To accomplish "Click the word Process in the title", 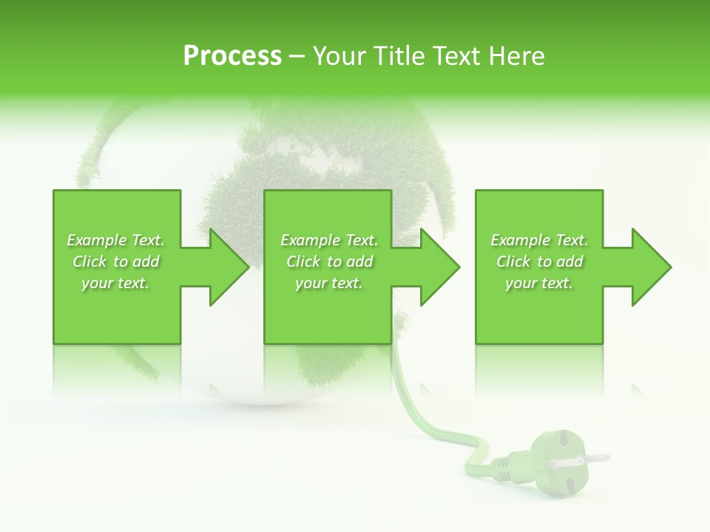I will pos(232,56).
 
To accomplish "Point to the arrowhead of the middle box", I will pos(439,267).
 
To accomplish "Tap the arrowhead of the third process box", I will pos(650,267).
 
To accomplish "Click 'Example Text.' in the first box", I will pos(116,240).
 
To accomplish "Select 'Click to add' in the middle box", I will pos(329,262).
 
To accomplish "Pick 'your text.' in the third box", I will pos(539,283).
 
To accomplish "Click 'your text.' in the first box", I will pos(116,283).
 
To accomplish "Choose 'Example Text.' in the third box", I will pos(539,240).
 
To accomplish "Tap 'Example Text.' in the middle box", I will pos(329,240).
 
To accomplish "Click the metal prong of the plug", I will pos(588,459).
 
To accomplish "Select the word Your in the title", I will pos(339,56).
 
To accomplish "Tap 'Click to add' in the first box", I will pos(116,262).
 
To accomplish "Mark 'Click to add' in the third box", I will pos(539,262).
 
